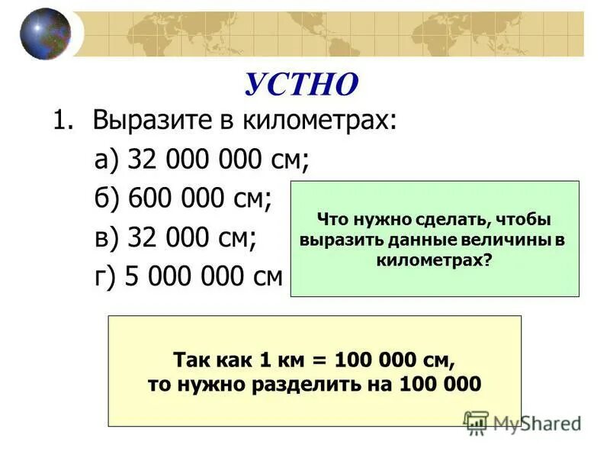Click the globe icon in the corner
click(x=45, y=33)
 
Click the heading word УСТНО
click(x=300, y=84)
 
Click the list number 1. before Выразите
click(x=65, y=121)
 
